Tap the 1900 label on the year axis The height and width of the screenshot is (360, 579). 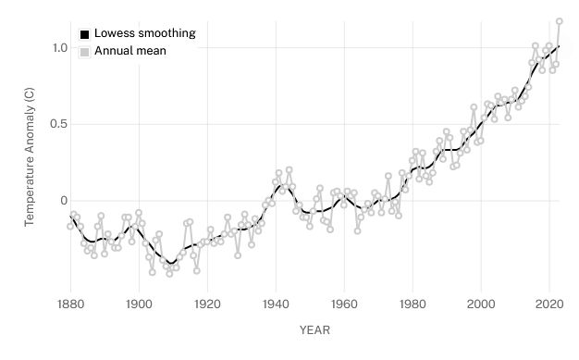coord(139,303)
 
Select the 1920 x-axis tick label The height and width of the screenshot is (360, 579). coord(207,303)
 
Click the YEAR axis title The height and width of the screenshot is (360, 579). coord(314,329)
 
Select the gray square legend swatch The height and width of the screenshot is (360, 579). coord(84,52)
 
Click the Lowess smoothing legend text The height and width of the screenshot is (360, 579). coord(144,33)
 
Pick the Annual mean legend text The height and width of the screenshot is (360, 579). coord(130,51)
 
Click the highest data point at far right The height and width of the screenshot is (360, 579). coord(560,21)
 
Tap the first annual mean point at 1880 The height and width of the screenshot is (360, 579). coord(70,226)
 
